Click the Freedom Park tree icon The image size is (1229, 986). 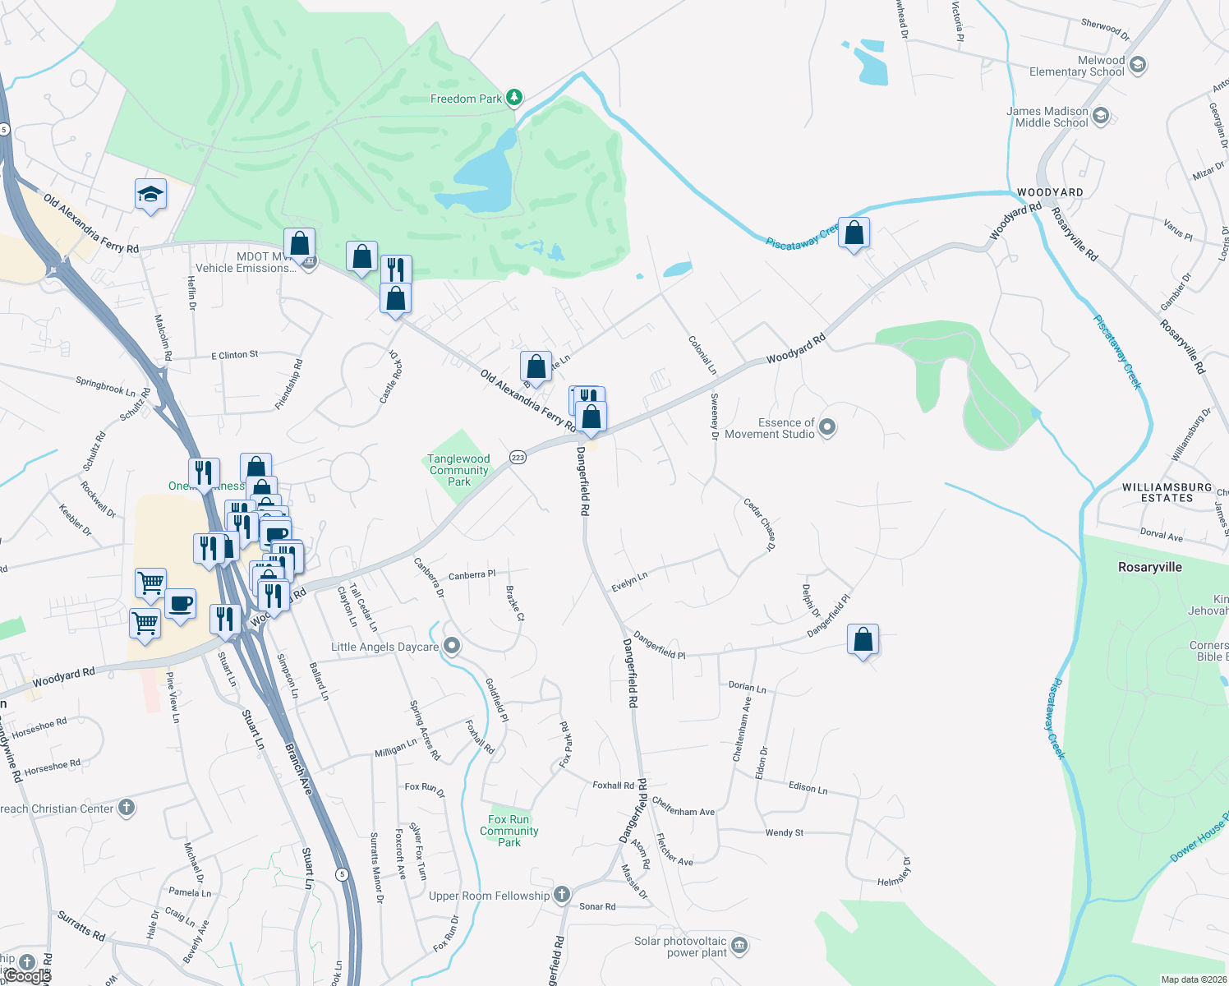[x=514, y=99]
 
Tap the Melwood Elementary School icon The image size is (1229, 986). [x=1138, y=65]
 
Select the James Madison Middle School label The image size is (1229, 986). [x=1047, y=117]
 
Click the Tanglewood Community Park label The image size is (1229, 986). [x=458, y=470]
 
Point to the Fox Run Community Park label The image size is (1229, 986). [x=509, y=831]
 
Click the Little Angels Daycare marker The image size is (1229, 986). [x=451, y=647]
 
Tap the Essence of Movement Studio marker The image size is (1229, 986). [x=827, y=427]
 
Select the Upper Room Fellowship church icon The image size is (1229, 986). [x=561, y=895]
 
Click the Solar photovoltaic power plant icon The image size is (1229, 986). [x=739, y=946]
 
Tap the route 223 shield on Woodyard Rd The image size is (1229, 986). [x=518, y=458]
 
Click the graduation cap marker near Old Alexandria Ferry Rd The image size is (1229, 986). [x=150, y=196]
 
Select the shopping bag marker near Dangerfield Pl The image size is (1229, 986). [x=863, y=639]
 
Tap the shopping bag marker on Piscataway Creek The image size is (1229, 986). [x=854, y=233]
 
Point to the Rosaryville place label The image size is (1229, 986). [x=1149, y=567]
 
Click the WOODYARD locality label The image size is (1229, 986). [x=1050, y=192]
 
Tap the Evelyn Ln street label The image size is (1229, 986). [x=629, y=582]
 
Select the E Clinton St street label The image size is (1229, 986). [x=235, y=355]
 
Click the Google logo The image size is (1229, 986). [x=26, y=976]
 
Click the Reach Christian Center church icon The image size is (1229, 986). [x=126, y=808]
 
